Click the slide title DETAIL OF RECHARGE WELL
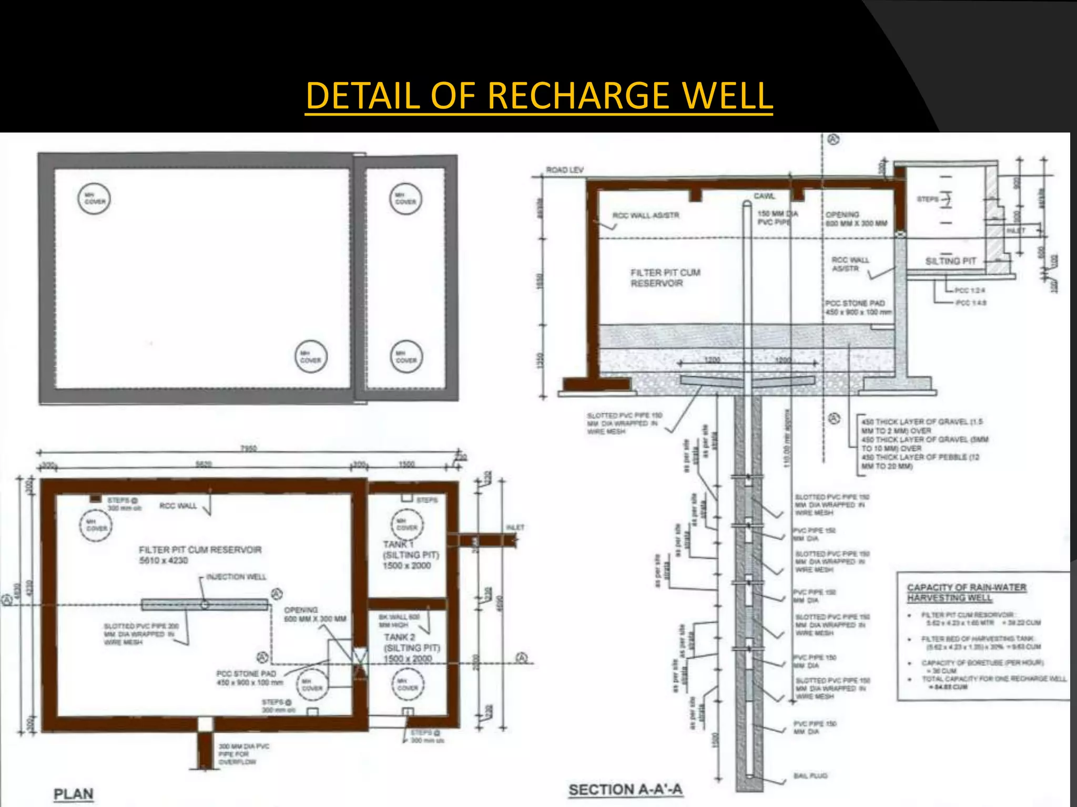(x=538, y=96)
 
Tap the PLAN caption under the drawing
(x=74, y=794)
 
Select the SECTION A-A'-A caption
(x=625, y=790)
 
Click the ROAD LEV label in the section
(x=565, y=170)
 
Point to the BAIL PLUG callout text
(x=810, y=775)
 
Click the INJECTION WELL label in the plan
(x=236, y=577)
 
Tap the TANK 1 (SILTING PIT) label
(x=410, y=555)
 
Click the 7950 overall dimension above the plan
(x=248, y=448)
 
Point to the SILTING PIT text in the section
(x=950, y=261)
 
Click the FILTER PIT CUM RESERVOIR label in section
(x=665, y=278)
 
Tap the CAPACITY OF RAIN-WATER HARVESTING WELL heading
(x=967, y=592)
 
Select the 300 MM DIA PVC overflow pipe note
(x=243, y=753)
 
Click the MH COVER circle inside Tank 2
(x=408, y=685)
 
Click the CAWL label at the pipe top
(x=764, y=196)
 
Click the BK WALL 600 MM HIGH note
(x=399, y=620)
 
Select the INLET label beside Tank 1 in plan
(x=515, y=527)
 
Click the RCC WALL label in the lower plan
(x=178, y=505)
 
